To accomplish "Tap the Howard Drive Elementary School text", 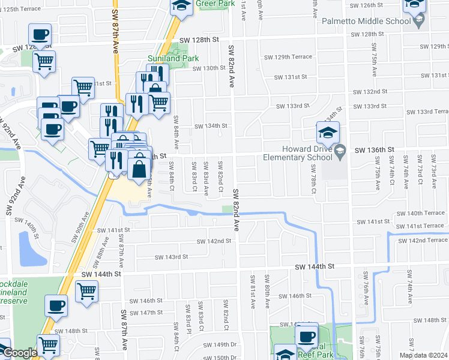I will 298,154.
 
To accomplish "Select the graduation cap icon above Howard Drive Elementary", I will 328,133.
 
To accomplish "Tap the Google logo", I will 20,353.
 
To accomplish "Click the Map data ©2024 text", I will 423,355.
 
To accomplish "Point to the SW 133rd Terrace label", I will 427,112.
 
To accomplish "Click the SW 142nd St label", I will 215,241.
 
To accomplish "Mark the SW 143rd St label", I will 171,257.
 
